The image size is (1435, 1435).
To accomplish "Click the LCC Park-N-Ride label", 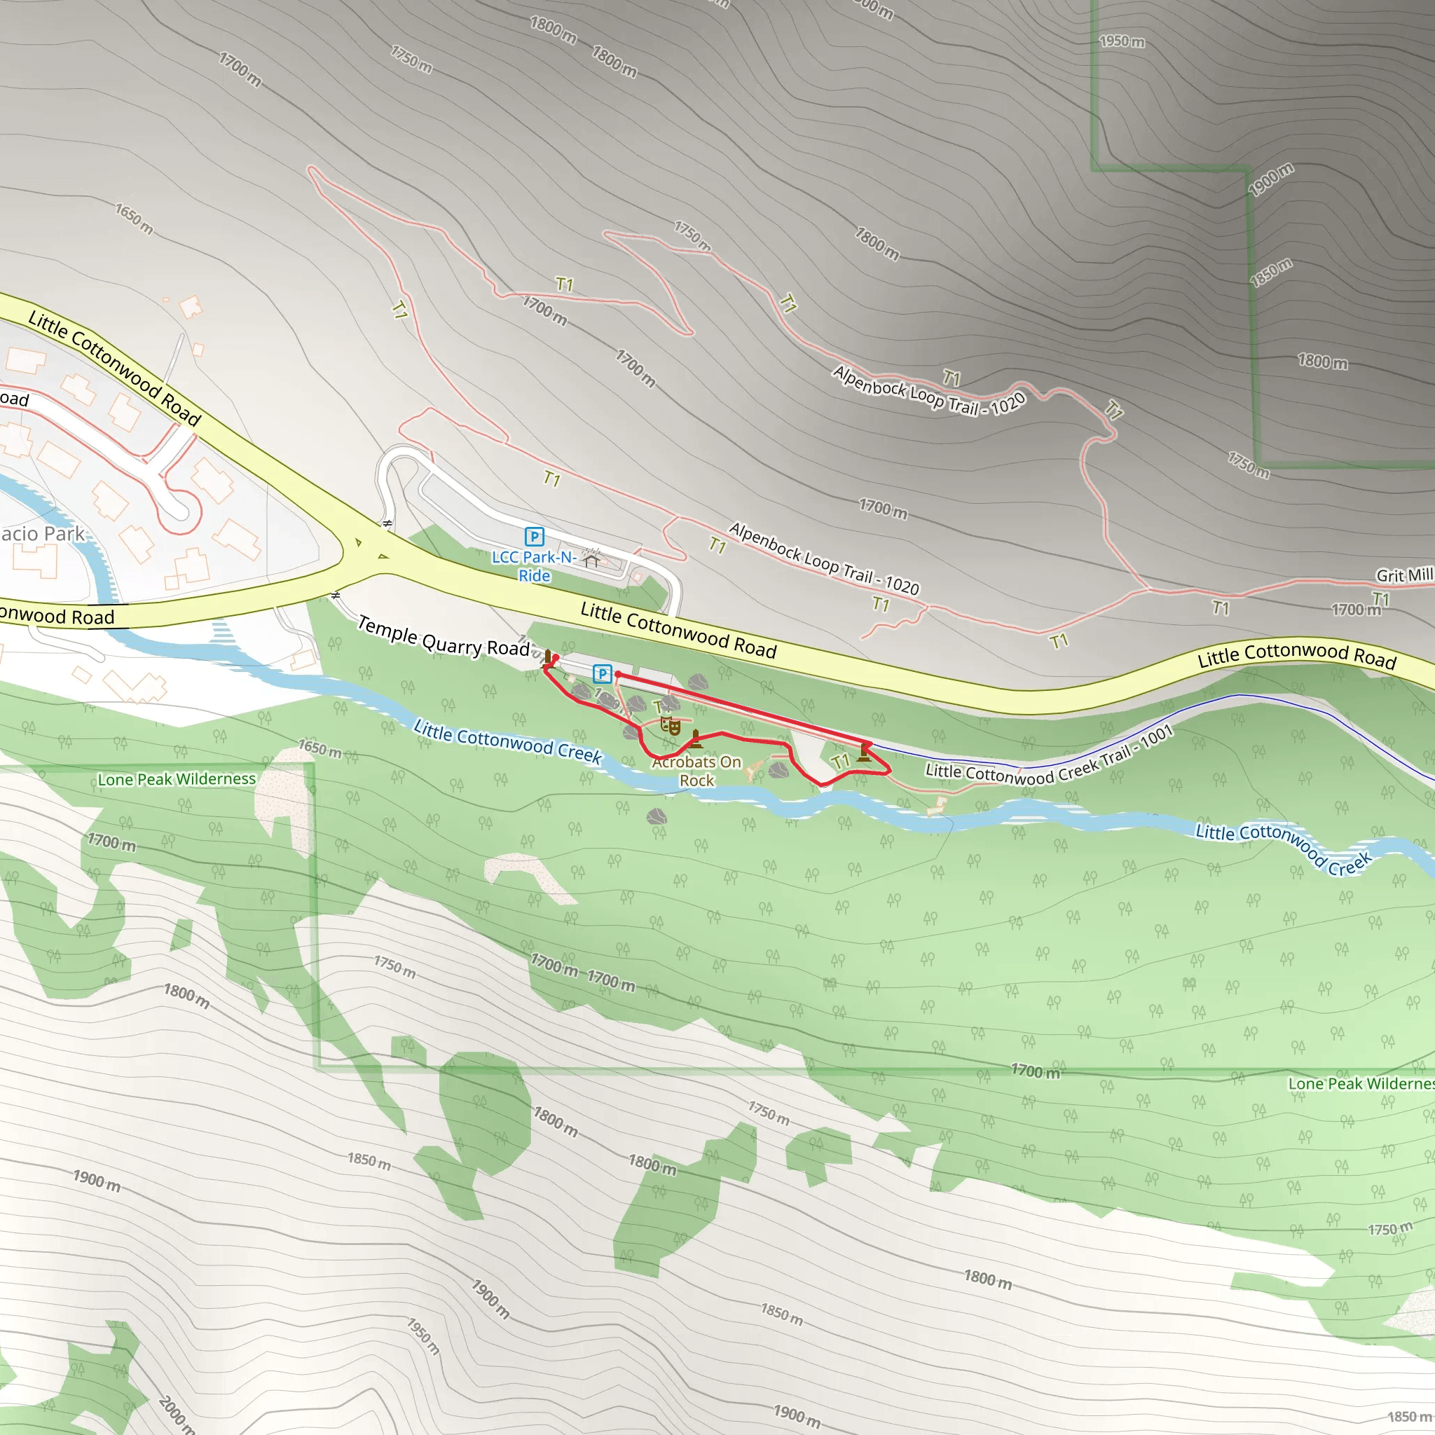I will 534,566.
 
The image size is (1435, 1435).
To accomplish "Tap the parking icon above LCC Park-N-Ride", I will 534,535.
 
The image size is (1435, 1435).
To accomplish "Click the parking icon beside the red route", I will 602,673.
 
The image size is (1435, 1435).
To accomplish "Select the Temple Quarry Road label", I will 444,636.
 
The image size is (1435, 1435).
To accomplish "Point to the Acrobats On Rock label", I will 696,771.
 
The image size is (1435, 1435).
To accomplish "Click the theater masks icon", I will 671,726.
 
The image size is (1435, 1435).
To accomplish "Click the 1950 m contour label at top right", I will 1122,41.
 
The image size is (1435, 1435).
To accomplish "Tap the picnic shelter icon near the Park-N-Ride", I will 591,558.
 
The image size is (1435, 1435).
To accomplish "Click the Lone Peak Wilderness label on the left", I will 177,779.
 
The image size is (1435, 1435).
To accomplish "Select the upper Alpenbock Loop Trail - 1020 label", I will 929,391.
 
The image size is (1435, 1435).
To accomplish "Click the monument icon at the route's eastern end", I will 863,753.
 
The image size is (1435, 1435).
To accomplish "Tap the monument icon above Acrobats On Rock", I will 695,739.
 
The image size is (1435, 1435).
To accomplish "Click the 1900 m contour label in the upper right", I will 1271,179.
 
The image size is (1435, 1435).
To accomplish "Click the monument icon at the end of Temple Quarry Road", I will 548,657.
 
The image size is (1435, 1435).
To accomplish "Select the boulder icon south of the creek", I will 656,818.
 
